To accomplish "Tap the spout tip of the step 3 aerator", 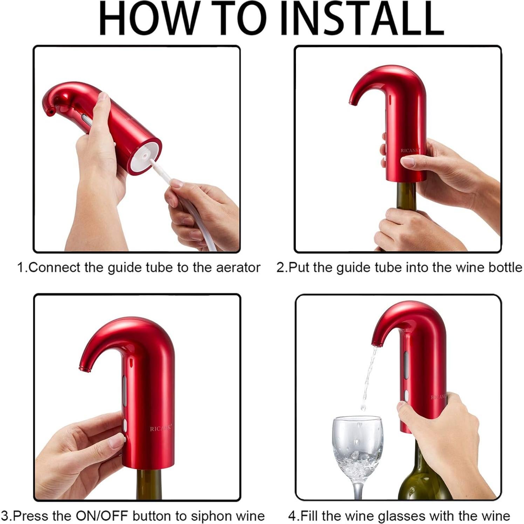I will pos(83,368).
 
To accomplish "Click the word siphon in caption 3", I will pos(206,516).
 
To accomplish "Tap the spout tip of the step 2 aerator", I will pos(352,102).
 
